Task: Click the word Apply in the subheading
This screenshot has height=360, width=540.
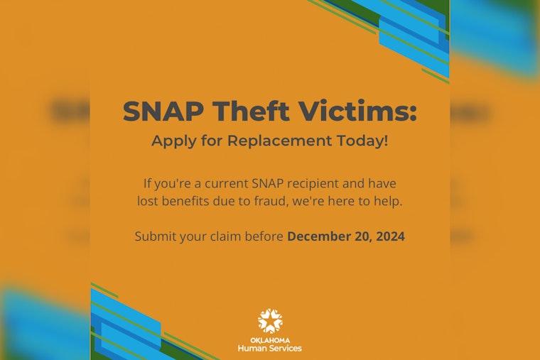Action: click(171, 141)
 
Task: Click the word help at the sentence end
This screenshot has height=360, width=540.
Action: click(387, 202)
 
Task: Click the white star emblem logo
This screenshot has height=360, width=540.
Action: click(270, 320)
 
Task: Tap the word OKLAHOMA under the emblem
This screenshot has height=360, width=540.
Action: click(270, 339)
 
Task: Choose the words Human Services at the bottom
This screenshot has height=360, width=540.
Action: click(270, 348)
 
